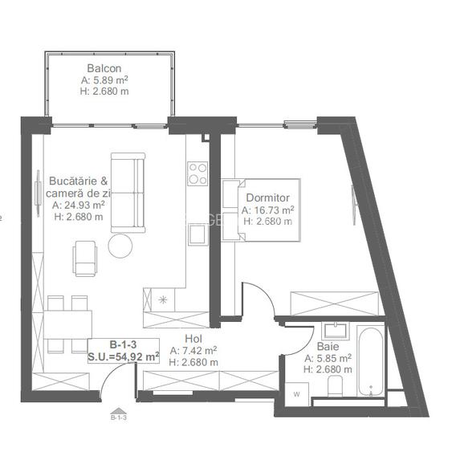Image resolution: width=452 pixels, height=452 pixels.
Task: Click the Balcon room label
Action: [105, 69]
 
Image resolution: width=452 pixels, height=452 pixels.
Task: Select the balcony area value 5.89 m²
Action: [105, 80]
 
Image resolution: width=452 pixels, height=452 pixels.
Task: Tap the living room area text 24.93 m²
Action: [78, 205]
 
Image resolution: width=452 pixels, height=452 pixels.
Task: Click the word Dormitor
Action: [267, 197]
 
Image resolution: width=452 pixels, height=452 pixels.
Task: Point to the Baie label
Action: [328, 347]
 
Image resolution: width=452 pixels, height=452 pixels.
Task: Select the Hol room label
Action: [193, 339]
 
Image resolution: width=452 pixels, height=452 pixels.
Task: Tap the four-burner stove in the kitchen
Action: [197, 173]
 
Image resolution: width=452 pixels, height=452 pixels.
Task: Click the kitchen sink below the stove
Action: [197, 234]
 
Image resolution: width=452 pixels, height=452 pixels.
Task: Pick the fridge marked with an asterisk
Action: [164, 300]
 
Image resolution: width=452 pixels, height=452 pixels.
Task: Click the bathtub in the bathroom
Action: [370, 360]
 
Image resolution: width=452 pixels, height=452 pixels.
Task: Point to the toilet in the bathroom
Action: [336, 388]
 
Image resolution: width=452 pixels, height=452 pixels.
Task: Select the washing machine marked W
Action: [296, 393]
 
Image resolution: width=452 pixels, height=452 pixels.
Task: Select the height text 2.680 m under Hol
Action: [193, 361]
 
